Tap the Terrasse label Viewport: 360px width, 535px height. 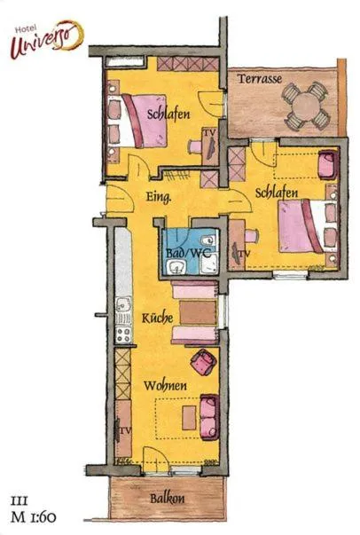click(x=260, y=79)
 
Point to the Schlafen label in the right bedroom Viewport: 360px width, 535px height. click(x=275, y=192)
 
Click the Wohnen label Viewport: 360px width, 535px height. click(x=166, y=387)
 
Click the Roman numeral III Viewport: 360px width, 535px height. click(x=19, y=497)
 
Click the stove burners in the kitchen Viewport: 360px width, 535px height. click(x=123, y=333)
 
